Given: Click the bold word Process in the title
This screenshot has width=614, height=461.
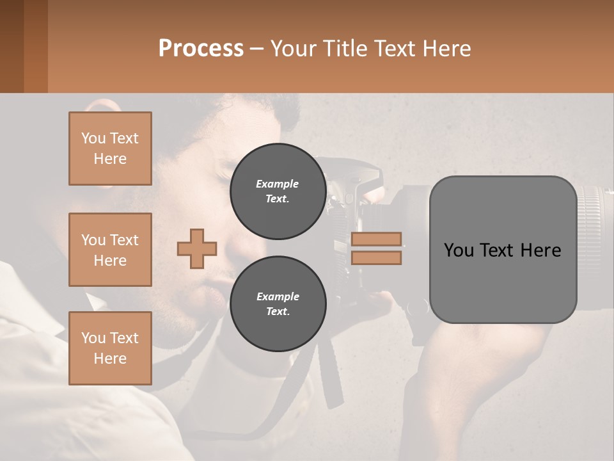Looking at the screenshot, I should pyautogui.click(x=201, y=49).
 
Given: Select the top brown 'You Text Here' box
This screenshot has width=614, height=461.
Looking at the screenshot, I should pyautogui.click(x=110, y=149).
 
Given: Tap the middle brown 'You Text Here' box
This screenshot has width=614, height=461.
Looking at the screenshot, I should pyautogui.click(x=110, y=250).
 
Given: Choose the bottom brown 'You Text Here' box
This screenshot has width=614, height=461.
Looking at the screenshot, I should pyautogui.click(x=110, y=348).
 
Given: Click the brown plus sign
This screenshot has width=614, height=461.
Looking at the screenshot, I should pyautogui.click(x=197, y=248).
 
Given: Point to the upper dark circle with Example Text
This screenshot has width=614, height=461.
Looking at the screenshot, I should pyautogui.click(x=278, y=191).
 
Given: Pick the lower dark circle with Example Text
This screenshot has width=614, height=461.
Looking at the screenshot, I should pyautogui.click(x=278, y=303).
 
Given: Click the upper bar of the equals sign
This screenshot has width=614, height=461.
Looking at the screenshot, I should pyautogui.click(x=376, y=239).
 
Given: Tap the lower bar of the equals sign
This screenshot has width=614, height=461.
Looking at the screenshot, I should pyautogui.click(x=376, y=257).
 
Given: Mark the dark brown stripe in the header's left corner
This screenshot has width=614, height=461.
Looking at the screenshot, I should pyautogui.click(x=12, y=46).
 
